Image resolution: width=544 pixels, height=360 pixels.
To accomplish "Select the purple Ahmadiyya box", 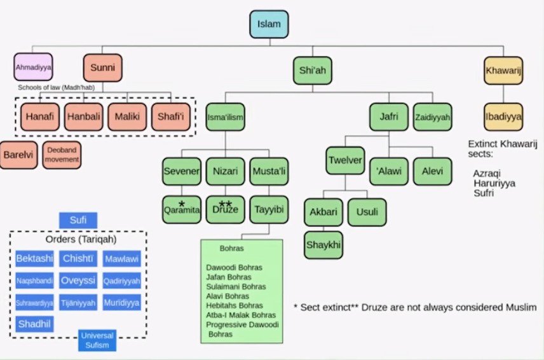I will (x=33, y=66).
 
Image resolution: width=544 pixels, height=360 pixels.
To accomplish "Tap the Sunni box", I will (x=102, y=67).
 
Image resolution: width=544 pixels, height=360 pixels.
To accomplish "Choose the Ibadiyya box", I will (x=503, y=117).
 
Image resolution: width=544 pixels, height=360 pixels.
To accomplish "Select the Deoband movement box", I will (x=62, y=155).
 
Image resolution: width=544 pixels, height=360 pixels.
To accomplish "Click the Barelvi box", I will (x=19, y=155).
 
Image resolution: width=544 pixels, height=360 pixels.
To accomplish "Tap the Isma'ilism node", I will (x=226, y=117).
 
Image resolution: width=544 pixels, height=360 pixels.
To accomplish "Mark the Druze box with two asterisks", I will (x=225, y=209).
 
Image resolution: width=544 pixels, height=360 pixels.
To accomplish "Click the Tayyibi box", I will (x=268, y=209).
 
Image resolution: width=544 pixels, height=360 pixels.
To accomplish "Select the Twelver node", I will (x=345, y=160).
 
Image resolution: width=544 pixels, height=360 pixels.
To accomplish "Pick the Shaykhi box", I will (x=323, y=245).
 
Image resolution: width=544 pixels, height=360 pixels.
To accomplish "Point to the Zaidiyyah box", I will (x=432, y=117).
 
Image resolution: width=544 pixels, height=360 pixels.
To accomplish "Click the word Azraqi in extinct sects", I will (x=485, y=172).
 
